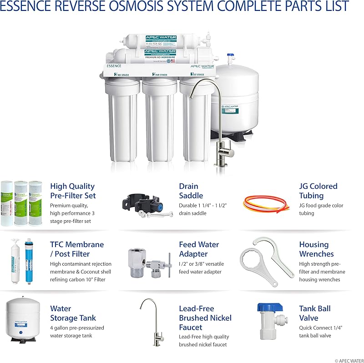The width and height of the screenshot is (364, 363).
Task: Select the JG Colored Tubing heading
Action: [x=318, y=191]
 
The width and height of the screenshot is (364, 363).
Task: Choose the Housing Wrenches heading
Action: [x=316, y=249]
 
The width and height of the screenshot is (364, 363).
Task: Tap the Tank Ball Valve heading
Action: [x=315, y=313]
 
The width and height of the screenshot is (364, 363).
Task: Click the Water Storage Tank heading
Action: [x=73, y=313]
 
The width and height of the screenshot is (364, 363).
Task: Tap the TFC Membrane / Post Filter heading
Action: [x=77, y=249]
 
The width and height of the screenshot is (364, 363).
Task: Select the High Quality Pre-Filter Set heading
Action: [x=73, y=191]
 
